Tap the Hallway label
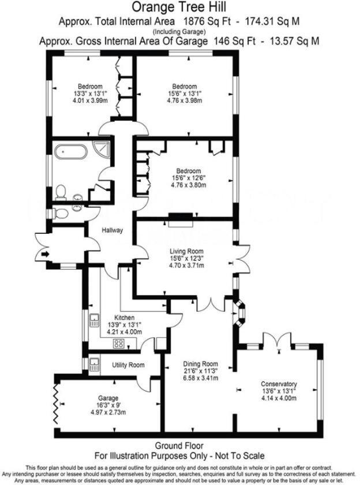(112, 230)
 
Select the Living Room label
(186, 251)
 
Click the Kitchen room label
(124, 318)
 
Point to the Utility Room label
(128, 365)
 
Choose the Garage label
(108, 398)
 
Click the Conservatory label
(278, 384)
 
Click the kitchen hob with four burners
(119, 344)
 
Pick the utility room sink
(94, 364)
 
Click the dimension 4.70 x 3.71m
(186, 266)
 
